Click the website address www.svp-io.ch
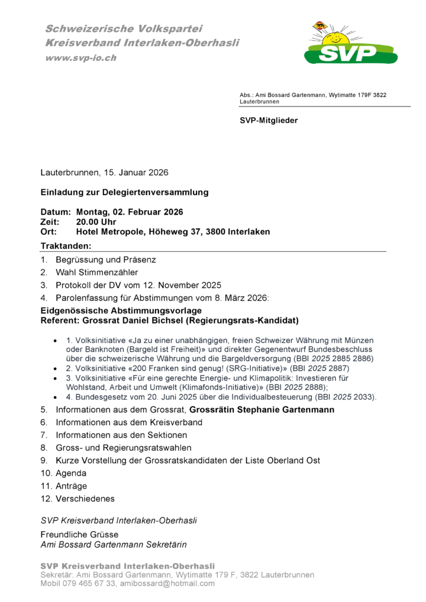pos(81,58)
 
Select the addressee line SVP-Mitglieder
pos(269,121)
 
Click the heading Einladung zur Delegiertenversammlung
pos(124,192)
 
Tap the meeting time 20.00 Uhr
pos(96,222)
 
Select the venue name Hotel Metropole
pos(110,232)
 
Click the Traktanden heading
pos(66,245)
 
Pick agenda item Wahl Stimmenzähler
pos(97,272)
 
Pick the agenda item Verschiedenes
pos(85,499)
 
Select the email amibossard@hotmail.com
pos(167,584)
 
